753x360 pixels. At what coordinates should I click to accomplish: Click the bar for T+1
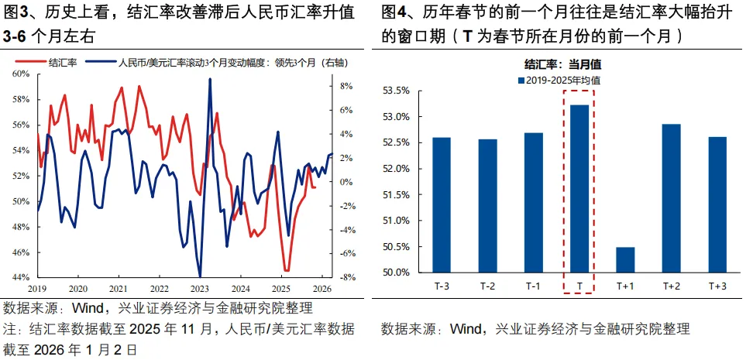625,260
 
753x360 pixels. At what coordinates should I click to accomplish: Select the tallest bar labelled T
579,188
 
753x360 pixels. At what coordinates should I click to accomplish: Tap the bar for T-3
442,204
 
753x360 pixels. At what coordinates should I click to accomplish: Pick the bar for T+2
671,198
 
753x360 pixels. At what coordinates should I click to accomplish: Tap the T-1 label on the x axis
533,286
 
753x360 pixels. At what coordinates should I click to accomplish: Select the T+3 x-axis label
717,286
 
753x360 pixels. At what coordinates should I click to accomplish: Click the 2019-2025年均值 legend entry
563,80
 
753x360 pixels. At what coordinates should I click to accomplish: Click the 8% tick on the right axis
346,86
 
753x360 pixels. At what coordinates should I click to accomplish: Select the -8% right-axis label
345,277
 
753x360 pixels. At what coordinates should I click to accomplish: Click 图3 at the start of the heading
16,13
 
